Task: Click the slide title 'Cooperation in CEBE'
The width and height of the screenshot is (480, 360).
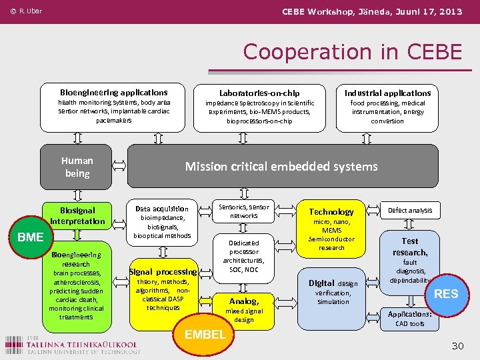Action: coord(352,51)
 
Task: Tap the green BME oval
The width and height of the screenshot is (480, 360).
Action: coord(31,237)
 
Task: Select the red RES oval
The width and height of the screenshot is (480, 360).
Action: coord(446,293)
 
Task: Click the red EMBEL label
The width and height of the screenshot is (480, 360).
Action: coord(205,334)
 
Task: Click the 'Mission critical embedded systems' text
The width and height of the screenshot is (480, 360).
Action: coord(281,167)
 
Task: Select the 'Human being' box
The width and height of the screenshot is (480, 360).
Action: coord(77,167)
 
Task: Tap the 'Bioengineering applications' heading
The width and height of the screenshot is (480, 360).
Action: coord(113,92)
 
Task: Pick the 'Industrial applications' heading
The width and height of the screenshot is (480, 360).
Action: coord(387,93)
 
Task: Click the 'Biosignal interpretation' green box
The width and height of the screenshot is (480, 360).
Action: coord(77,215)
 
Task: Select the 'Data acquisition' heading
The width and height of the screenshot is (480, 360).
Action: coord(162,208)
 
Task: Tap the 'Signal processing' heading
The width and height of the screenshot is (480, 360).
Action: coord(163,271)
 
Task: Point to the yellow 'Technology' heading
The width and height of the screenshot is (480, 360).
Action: coord(331,211)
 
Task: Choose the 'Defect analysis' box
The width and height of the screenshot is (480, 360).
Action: coord(410,211)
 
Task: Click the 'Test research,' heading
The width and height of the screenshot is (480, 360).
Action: coord(410,247)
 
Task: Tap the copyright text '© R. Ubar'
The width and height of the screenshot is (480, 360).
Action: coord(26,11)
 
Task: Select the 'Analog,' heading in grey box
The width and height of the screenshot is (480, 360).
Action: coord(243,301)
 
